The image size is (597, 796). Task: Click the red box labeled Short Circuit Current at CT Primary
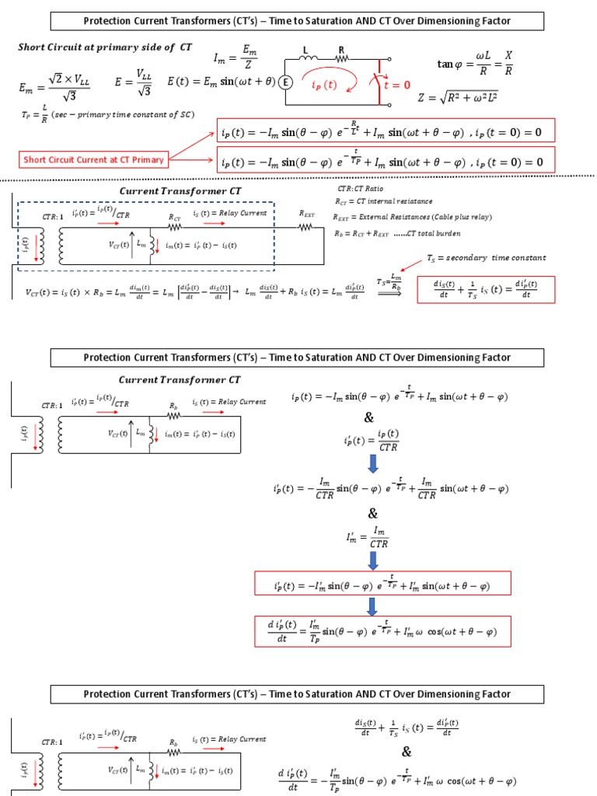(94, 160)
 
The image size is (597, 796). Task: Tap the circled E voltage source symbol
(285, 82)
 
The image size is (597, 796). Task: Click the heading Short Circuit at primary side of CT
(105, 47)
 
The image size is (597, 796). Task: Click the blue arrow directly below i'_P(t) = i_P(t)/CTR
(372, 463)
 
